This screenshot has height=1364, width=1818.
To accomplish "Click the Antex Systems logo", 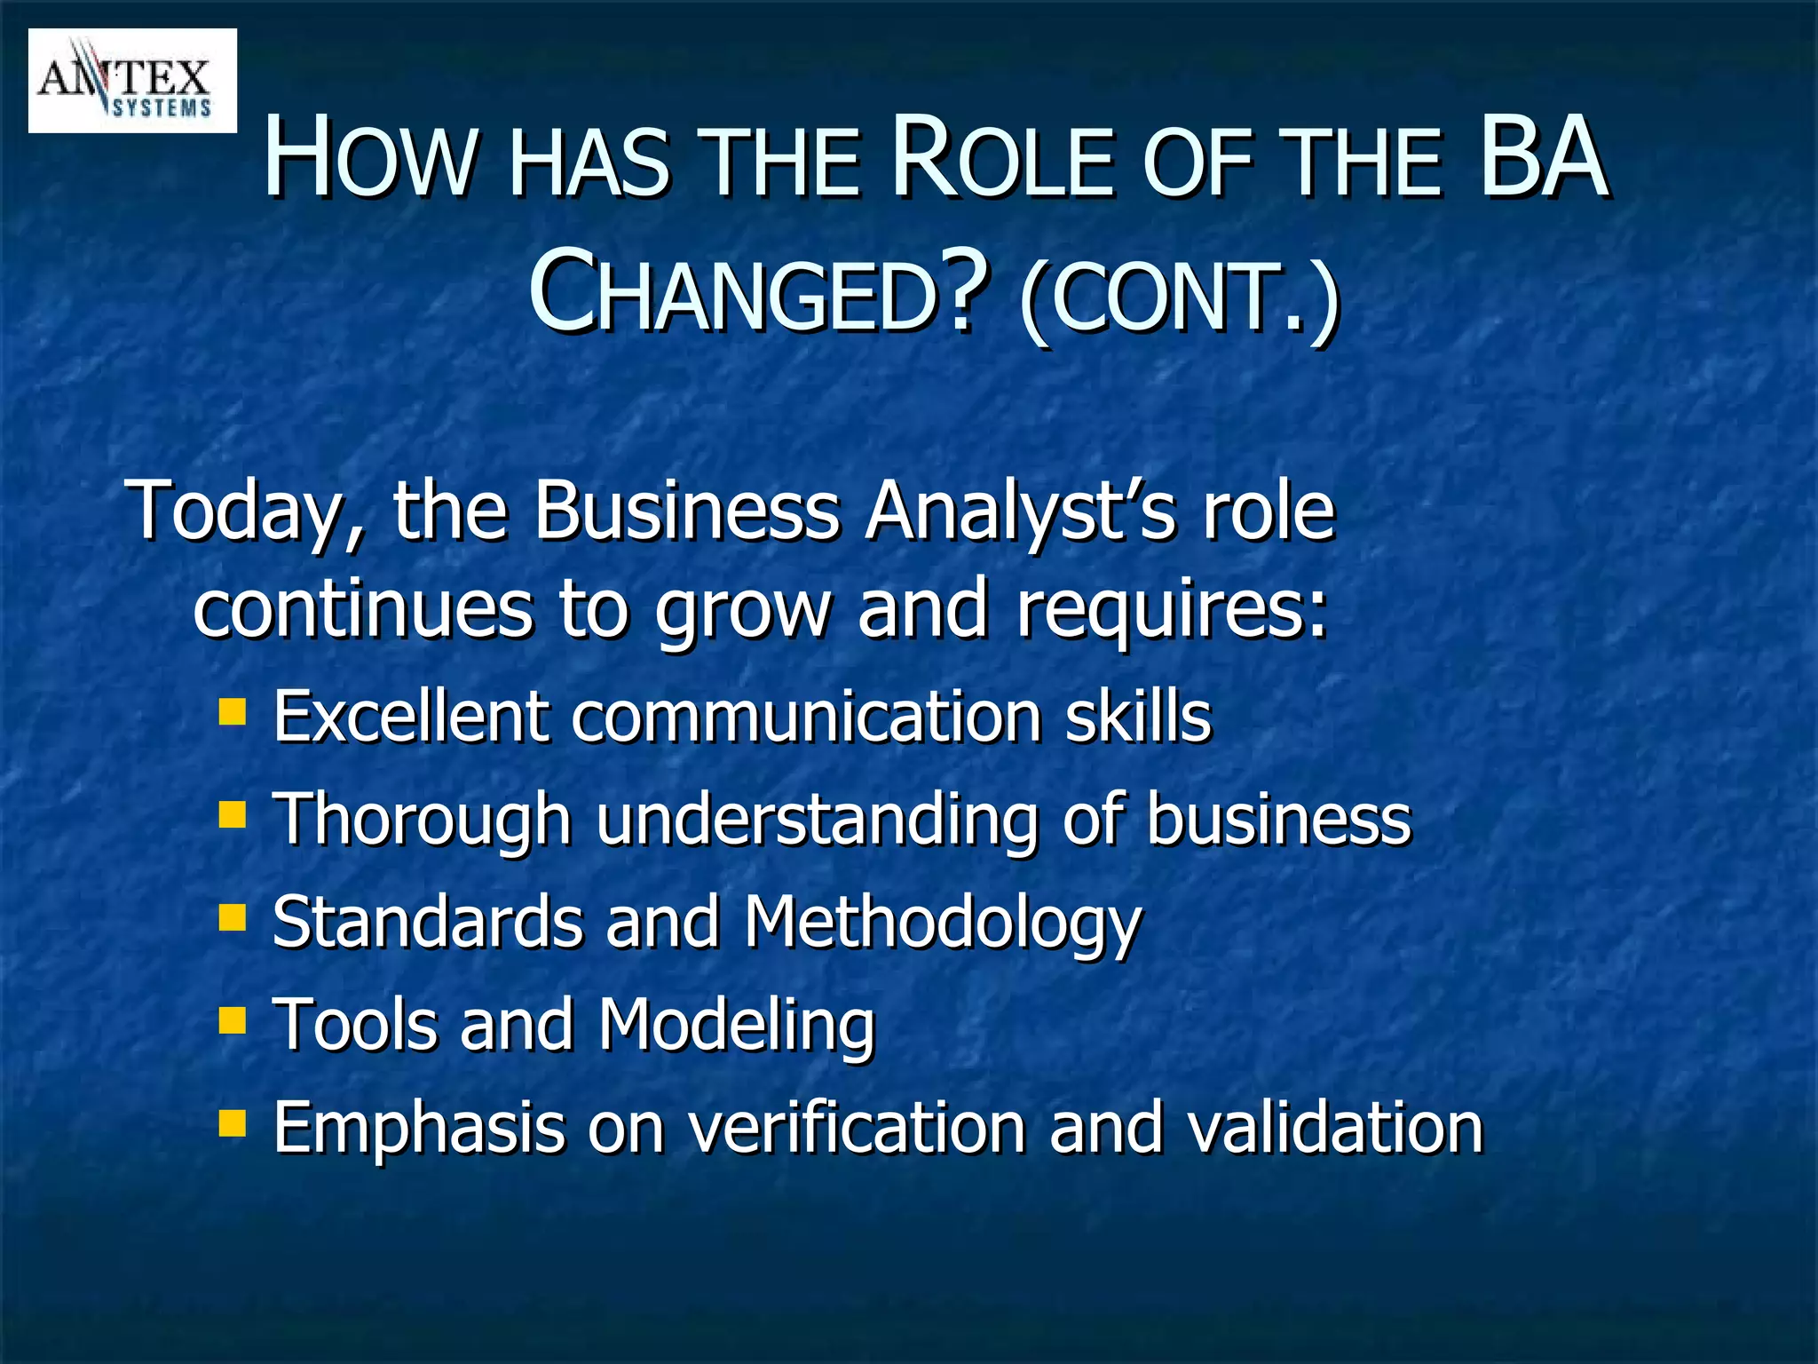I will pyautogui.click(x=131, y=81).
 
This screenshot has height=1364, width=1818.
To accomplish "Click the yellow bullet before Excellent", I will pyautogui.click(x=233, y=711).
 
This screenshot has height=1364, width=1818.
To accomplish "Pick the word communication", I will pyautogui.click(x=806, y=717).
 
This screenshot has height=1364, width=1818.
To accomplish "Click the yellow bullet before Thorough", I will pyautogui.click(x=233, y=813).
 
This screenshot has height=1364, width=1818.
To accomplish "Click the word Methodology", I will pyautogui.click(x=942, y=924).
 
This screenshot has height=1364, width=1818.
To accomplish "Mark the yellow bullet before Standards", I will pyautogui.click(x=233, y=916).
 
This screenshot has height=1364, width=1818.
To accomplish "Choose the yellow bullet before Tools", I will pyautogui.click(x=233, y=1019).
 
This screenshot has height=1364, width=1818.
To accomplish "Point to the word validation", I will pyautogui.click(x=1335, y=1128).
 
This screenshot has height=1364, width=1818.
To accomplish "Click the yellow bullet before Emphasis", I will pyautogui.click(x=233, y=1122).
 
